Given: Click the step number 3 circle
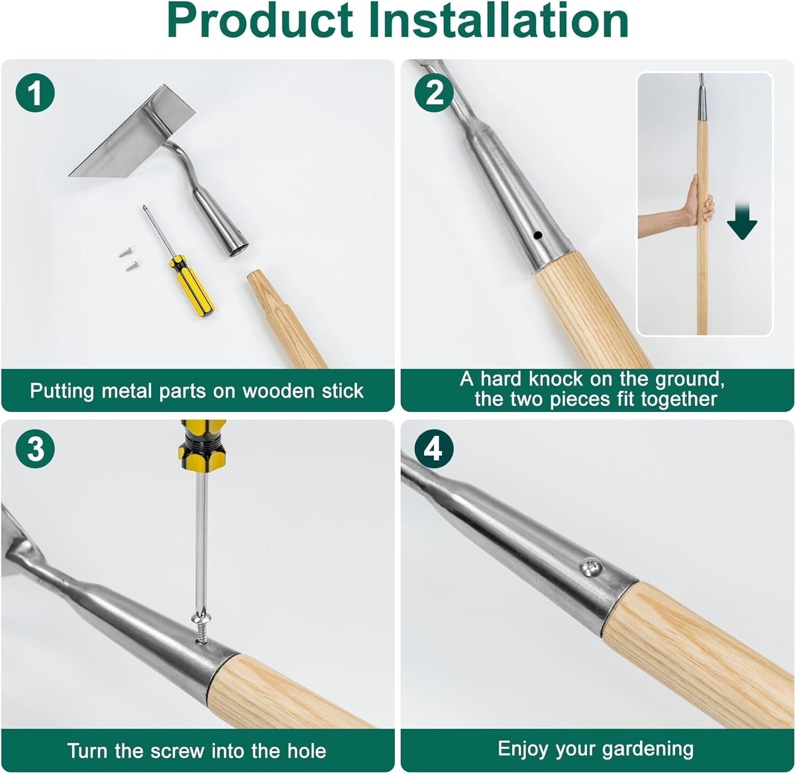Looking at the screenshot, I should coord(35,449).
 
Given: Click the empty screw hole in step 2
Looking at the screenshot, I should coord(538,235).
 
